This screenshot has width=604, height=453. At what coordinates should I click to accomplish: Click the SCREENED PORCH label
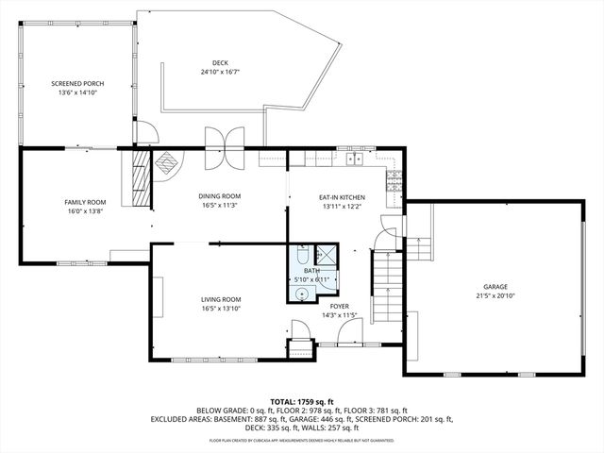click(x=77, y=84)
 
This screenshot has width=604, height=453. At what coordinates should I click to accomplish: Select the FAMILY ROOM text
click(x=85, y=202)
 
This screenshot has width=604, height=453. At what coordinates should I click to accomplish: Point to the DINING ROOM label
click(x=220, y=196)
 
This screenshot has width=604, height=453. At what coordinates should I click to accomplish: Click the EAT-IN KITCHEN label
click(x=341, y=197)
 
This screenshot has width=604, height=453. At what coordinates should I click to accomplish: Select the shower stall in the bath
click(x=325, y=255)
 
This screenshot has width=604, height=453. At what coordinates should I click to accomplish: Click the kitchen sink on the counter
click(x=355, y=159)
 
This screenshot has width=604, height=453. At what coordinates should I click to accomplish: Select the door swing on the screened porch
click(x=143, y=133)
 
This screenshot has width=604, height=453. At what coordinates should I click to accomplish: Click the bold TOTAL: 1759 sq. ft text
click(x=302, y=401)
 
